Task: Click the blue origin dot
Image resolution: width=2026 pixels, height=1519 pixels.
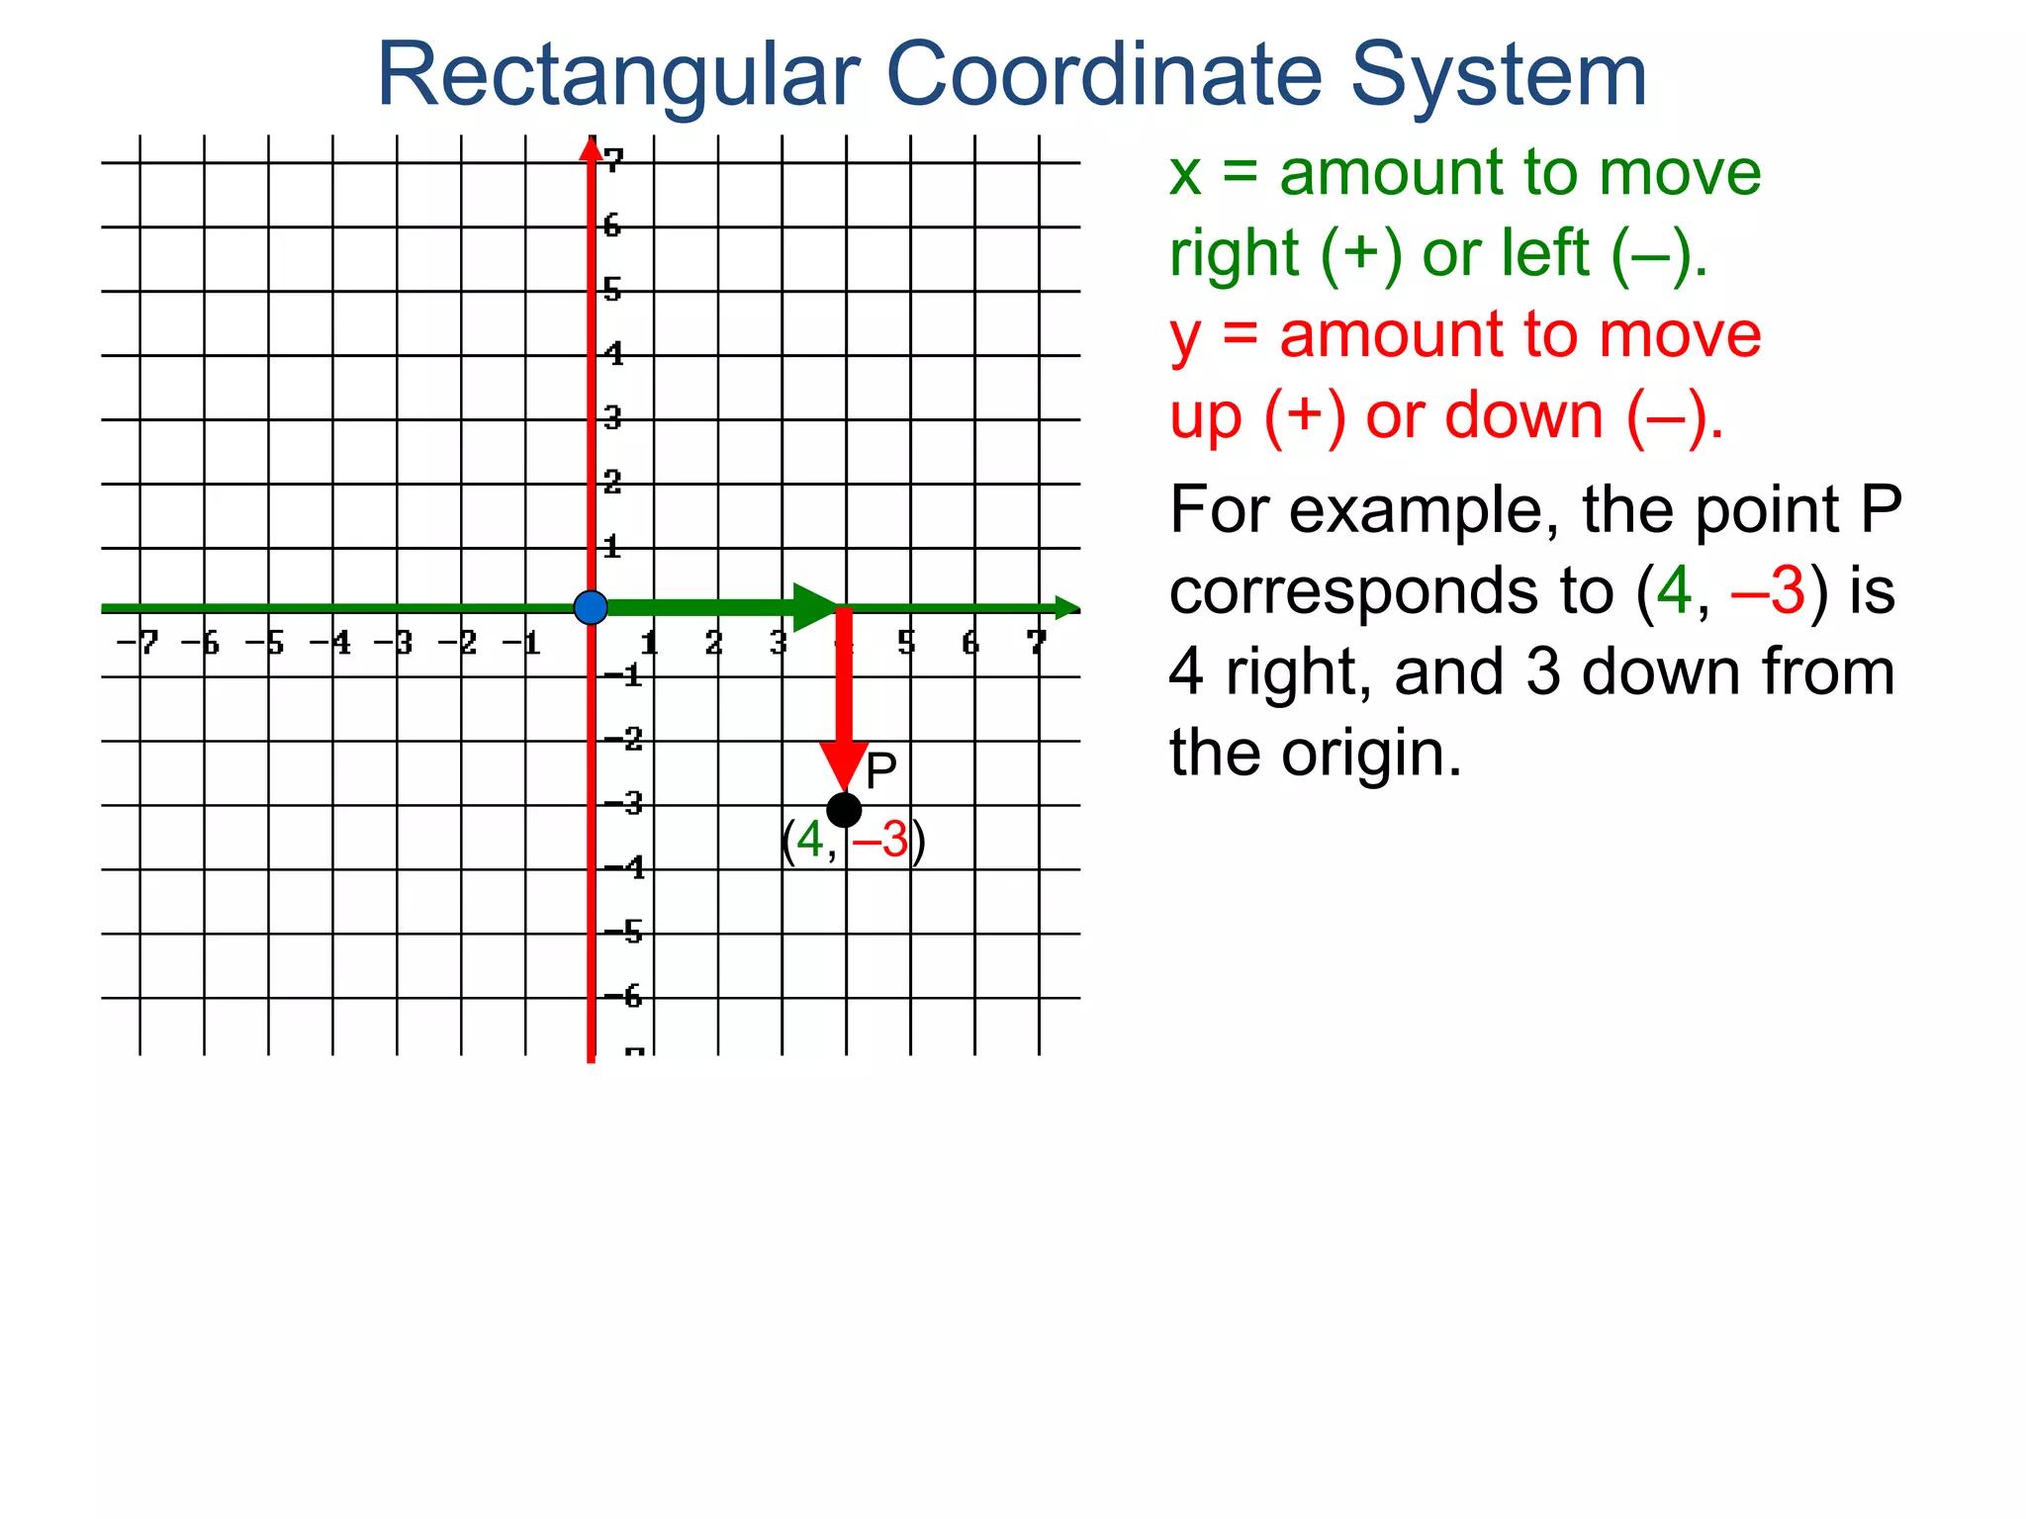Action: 591,607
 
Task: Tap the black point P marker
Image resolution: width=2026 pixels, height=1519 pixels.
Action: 844,810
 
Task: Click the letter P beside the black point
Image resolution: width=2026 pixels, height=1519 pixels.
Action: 880,770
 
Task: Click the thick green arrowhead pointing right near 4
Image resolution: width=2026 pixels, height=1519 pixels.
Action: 816,607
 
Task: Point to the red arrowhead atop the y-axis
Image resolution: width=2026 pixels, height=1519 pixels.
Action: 591,148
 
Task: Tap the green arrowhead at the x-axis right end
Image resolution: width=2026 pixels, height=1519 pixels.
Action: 1066,608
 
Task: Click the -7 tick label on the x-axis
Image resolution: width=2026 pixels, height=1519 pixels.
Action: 138,644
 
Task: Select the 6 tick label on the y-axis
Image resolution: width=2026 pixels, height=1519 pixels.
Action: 612,225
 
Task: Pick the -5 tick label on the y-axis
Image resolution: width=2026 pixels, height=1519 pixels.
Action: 624,932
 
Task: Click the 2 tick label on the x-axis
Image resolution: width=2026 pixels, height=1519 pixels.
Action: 713,644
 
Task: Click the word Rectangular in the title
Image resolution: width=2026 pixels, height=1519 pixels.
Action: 618,75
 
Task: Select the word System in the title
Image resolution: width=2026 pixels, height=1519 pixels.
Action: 1498,75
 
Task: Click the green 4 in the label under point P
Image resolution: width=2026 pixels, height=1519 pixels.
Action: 810,840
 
